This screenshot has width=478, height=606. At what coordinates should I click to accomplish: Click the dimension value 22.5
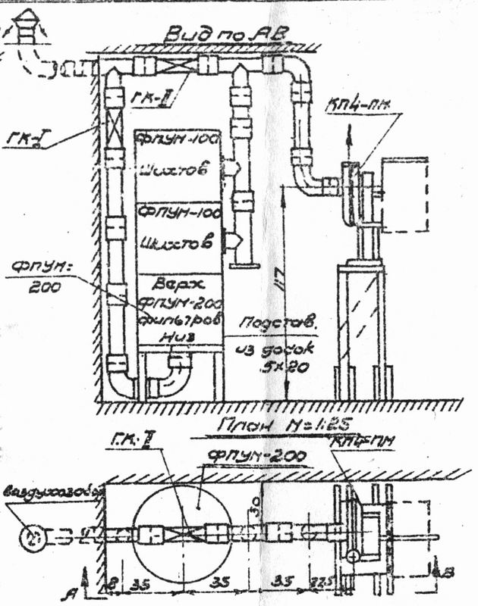pos(322,582)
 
